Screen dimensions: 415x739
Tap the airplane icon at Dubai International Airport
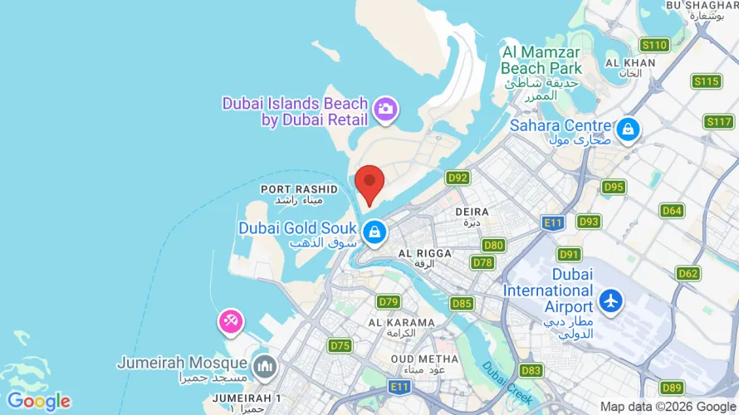(611, 300)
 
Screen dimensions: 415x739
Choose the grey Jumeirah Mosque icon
(265, 364)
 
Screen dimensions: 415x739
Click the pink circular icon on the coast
(230, 321)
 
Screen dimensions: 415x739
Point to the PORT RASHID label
(299, 189)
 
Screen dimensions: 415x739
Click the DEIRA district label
(472, 212)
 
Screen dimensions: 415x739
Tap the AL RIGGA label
(425, 253)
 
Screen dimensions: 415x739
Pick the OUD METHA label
(430, 359)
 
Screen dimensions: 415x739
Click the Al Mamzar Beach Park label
(542, 60)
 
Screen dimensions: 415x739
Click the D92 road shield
(458, 178)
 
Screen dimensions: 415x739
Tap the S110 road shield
(654, 45)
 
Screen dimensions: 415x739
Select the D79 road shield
(389, 301)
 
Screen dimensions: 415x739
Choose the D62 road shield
(688, 273)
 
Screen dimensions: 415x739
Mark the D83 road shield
(531, 370)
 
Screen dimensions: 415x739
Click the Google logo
(38, 402)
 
